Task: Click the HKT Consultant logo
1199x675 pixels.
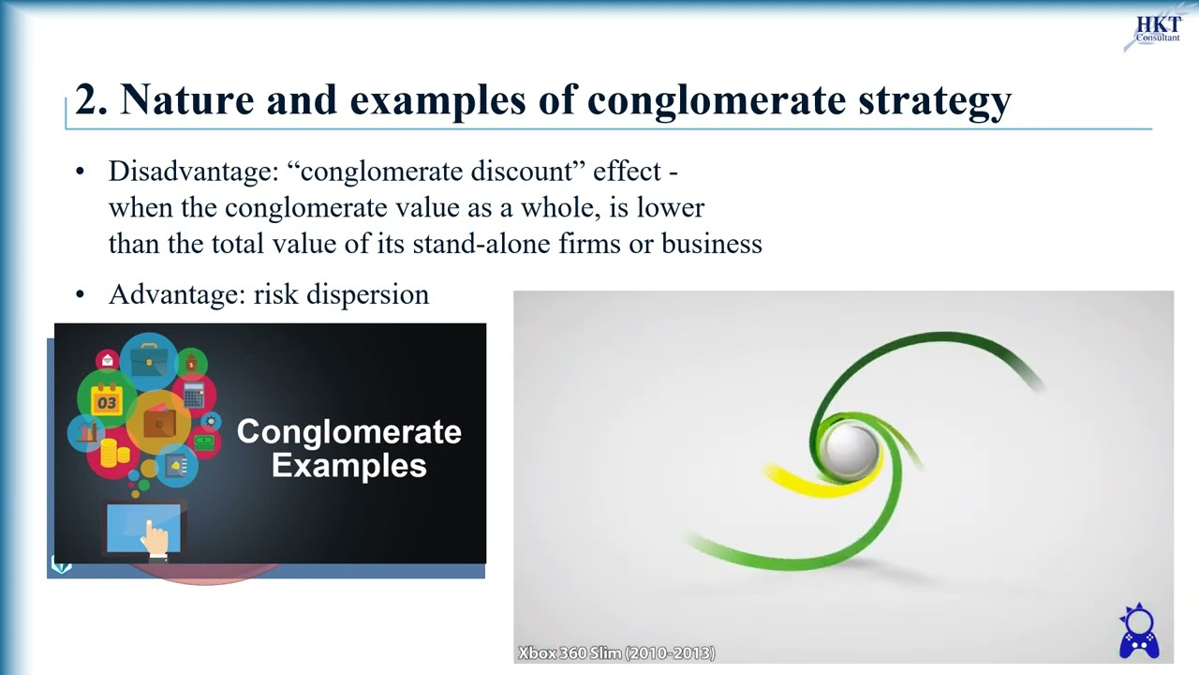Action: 1157,30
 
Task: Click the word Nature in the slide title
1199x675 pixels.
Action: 174,99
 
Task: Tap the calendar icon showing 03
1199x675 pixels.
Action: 107,401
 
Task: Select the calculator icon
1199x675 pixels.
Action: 194,396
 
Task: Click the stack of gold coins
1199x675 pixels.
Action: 114,454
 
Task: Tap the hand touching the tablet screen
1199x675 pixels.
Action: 155,539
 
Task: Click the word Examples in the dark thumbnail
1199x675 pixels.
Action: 348,466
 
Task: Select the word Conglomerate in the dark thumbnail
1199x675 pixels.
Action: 348,432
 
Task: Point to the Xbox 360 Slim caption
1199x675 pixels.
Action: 616,652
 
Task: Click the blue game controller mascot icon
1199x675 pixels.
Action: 1139,633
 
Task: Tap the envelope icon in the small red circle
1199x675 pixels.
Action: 108,360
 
